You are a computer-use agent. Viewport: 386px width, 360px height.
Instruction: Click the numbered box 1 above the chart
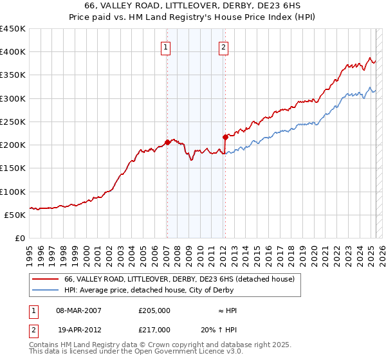coord(166,46)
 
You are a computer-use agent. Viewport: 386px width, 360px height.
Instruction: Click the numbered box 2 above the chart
coord(223,46)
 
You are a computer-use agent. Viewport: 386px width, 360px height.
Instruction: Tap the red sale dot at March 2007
coord(167,142)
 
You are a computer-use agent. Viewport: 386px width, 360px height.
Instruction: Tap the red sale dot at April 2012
coord(225,137)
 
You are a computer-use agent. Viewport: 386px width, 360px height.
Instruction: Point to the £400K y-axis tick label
coord(13,52)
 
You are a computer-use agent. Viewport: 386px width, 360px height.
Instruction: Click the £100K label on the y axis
coord(13,192)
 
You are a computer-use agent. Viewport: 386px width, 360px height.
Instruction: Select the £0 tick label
coord(20,239)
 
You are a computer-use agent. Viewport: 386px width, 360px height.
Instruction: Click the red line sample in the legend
coord(46,279)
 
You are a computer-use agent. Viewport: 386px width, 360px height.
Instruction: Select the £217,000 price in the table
coord(154,329)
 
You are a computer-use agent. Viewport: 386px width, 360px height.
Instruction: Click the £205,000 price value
coord(154,310)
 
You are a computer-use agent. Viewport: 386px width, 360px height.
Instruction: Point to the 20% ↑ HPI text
coord(218,329)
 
